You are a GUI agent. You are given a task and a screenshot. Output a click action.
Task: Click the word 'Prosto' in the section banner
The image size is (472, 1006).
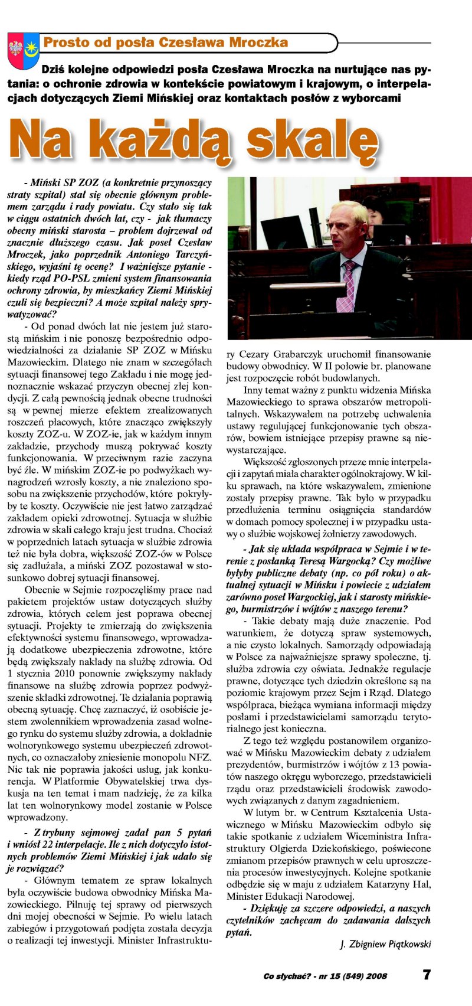pos(66,43)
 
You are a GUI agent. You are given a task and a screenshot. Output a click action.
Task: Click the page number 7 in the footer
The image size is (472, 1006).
pos(426,975)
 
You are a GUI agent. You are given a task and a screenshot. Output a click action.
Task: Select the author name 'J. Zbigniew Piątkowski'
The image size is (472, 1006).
pos(386,944)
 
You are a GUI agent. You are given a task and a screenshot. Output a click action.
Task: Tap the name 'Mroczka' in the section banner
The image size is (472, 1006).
pos(258,43)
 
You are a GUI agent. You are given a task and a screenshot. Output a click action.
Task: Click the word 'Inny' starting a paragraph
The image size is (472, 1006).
pos(253,390)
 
